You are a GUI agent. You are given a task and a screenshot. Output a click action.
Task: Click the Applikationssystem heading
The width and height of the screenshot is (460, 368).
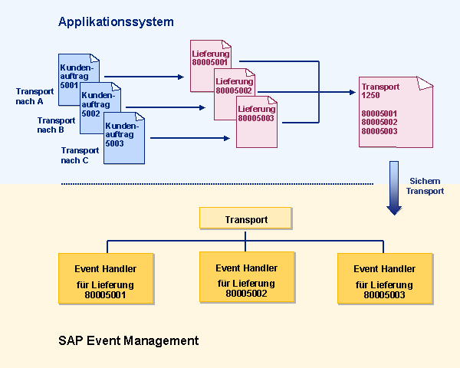pos(116,22)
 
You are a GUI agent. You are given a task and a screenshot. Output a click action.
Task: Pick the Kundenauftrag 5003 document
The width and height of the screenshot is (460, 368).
pos(124,138)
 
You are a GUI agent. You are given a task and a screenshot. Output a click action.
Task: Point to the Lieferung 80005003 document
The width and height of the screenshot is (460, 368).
pos(257,122)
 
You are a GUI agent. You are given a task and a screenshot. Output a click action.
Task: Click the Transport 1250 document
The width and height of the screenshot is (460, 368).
pos(396,112)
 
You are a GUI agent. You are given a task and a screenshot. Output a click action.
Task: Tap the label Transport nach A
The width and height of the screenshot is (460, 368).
pos(34,97)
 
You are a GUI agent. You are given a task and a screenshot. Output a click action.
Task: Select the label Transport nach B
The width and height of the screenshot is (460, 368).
pos(56,125)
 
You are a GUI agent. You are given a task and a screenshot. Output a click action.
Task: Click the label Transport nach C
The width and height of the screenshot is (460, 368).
pos(80,155)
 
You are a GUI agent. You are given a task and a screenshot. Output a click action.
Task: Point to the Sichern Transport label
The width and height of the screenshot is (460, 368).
pos(425,186)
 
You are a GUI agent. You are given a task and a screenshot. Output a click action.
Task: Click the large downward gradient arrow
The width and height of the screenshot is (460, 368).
pos(394,188)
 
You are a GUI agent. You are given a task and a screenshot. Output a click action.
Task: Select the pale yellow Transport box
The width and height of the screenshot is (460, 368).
pos(245,218)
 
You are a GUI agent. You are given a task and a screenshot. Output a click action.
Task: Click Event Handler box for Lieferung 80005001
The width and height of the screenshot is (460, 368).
pos(106,278)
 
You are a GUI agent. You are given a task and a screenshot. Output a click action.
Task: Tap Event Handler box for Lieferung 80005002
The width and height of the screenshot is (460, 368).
pos(247,277)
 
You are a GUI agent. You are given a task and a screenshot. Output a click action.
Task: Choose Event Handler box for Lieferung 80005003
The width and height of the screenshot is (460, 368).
pos(385,278)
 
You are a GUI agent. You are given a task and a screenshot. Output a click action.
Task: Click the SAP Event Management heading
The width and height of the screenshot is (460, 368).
pos(129,340)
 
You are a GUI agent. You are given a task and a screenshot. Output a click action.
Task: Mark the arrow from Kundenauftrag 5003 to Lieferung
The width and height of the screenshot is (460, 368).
pos(190,138)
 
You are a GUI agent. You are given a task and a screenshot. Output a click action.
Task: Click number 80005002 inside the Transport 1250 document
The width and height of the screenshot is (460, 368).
pos(379,122)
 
